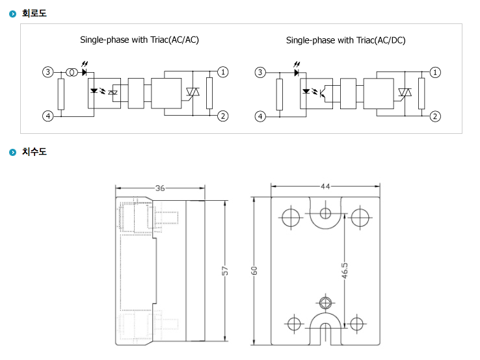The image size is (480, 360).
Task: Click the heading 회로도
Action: pos(34,14)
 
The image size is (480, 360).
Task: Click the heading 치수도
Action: pos(34,151)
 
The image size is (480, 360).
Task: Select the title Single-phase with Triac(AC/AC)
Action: pos(139,40)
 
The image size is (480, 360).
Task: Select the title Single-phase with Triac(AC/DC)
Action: pos(345,40)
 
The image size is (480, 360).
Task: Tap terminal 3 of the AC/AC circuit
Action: pos(47,72)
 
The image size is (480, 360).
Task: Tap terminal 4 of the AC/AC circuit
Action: pos(47,116)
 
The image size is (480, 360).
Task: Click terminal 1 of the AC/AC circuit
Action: pos(223,72)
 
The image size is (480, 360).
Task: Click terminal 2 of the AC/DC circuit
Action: pos(435,116)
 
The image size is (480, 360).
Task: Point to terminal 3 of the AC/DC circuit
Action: pos(260,73)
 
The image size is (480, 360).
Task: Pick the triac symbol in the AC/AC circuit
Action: pos(193,92)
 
